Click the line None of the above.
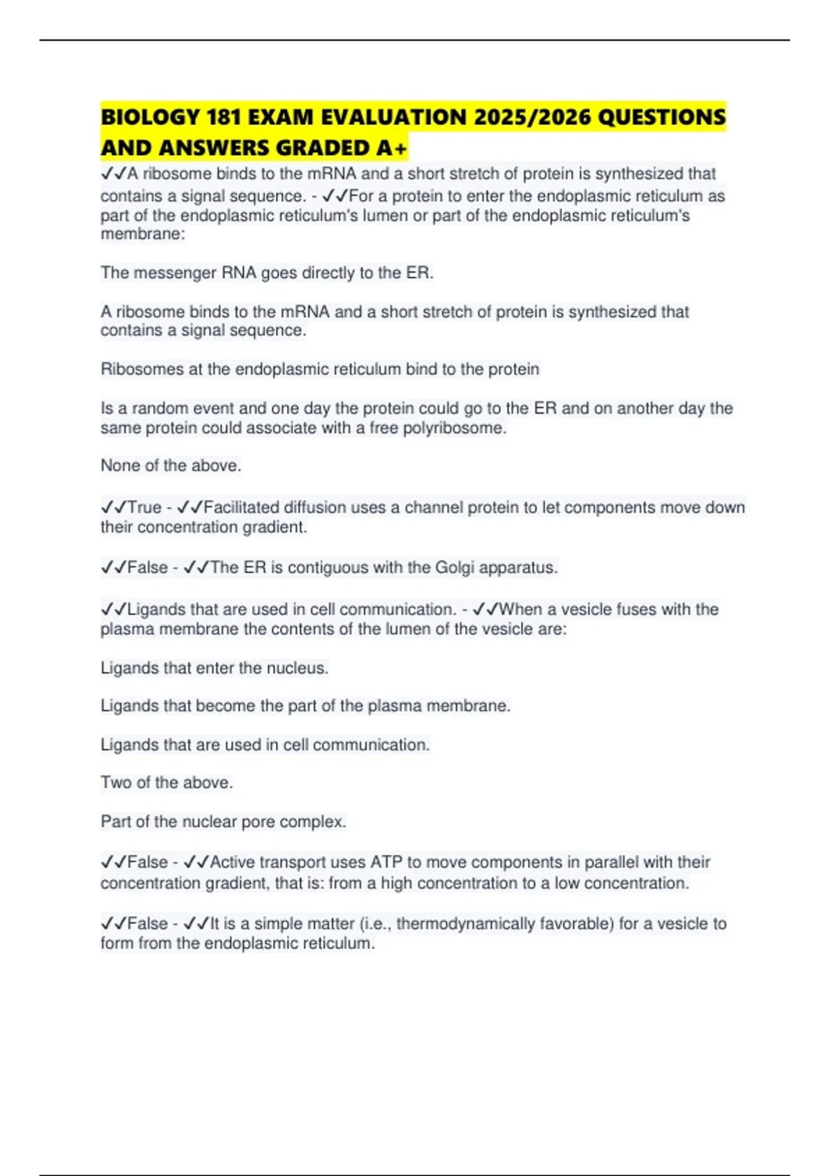(x=171, y=466)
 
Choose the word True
(x=145, y=507)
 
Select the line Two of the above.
(x=167, y=782)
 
